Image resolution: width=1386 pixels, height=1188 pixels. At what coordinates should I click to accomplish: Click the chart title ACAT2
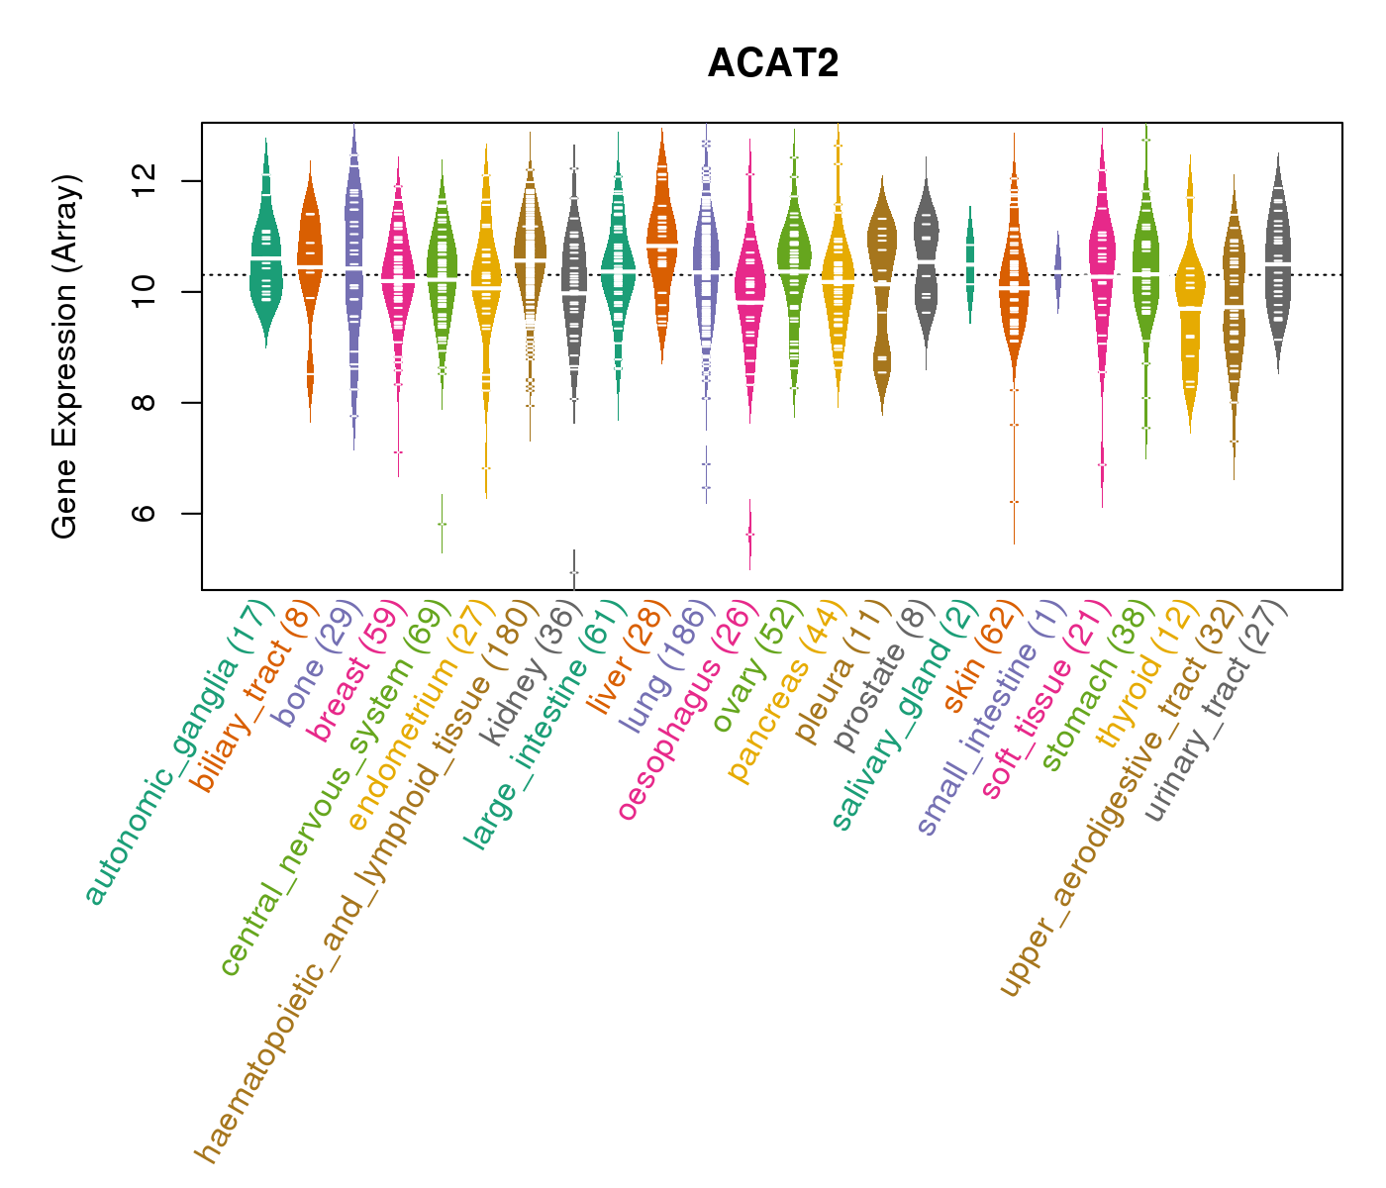point(773,63)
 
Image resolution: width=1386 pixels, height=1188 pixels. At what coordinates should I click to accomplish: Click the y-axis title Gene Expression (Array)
point(65,356)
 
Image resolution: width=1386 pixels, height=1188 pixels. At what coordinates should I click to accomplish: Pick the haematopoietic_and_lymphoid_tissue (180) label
point(366,881)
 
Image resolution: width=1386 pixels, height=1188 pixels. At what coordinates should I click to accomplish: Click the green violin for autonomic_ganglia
point(265,257)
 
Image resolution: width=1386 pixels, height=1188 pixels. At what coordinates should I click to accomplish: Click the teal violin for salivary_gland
point(970,262)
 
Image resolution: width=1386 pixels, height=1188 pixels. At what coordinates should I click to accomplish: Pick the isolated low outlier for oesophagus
point(749,534)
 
